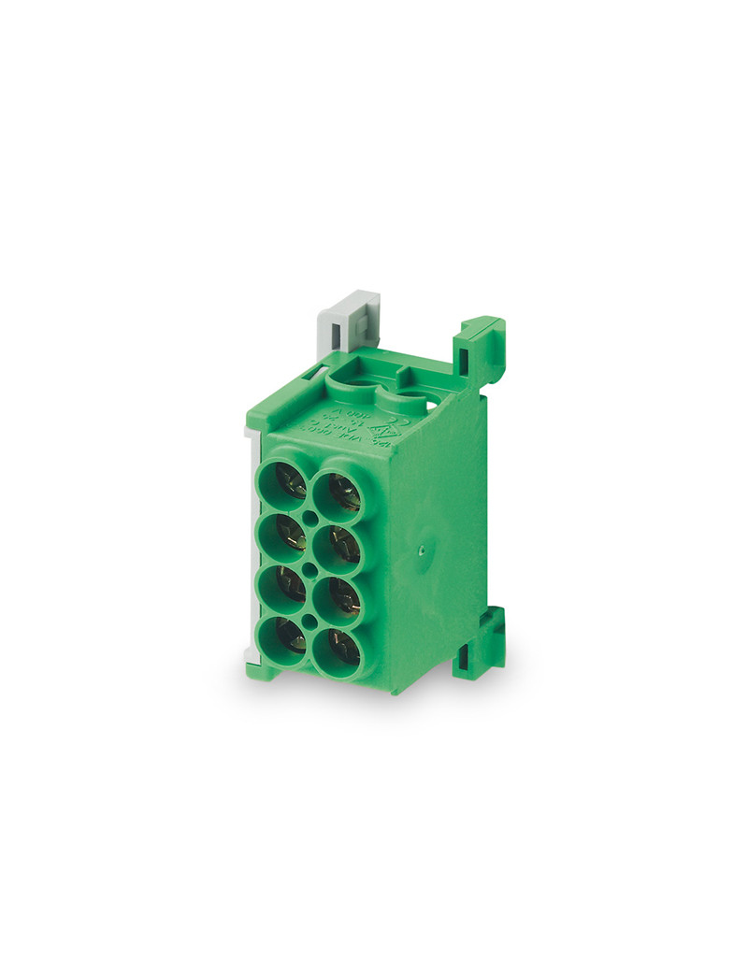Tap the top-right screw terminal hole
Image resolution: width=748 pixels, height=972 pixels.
[341, 492]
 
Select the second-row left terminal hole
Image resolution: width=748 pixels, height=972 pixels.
[283, 535]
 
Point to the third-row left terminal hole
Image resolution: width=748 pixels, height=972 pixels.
[283, 587]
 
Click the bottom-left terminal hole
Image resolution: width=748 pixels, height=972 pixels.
[284, 639]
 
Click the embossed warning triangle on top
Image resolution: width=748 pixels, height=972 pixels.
[383, 431]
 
